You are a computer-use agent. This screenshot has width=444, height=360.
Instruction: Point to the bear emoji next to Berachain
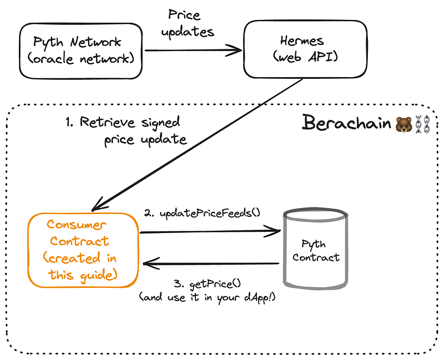(403, 124)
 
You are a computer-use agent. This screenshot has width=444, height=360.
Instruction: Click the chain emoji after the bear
(422, 124)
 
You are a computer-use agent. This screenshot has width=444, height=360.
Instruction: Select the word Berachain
(346, 123)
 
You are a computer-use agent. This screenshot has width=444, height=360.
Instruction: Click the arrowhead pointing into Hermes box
(234, 50)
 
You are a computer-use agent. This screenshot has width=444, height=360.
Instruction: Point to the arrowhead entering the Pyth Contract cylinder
(273, 231)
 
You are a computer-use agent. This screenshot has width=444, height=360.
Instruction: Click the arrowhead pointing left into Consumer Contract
(152, 263)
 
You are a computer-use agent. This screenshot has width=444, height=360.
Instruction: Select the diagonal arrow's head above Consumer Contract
(99, 205)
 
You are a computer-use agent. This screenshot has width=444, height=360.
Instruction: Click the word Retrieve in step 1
(107, 122)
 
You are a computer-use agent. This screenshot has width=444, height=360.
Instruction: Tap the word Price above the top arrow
(184, 14)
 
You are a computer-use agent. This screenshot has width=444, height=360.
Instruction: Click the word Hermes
(302, 40)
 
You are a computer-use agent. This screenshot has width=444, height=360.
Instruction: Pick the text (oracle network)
(81, 59)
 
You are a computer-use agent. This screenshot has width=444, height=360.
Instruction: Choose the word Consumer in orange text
(77, 225)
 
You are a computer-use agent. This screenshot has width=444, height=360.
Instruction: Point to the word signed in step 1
(160, 123)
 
